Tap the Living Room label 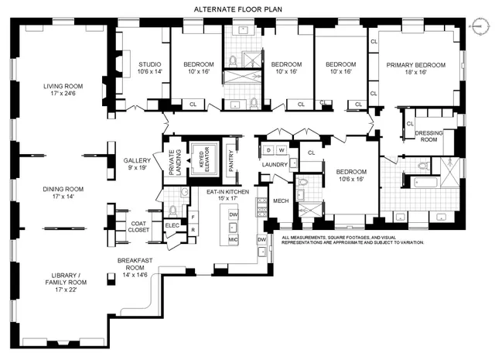[63, 90]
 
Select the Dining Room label [63, 192]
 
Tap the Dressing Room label [428, 137]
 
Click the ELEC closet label [172, 225]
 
